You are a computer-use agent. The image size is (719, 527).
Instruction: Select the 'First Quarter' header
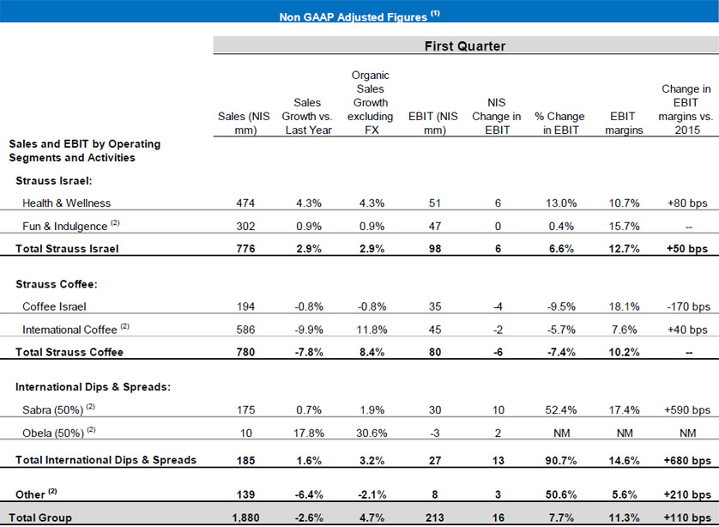click(x=465, y=45)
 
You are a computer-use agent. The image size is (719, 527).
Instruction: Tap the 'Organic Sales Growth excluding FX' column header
click(x=371, y=103)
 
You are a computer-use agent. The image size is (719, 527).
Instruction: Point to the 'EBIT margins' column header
click(x=624, y=123)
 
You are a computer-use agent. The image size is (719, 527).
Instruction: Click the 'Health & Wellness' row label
click(x=66, y=203)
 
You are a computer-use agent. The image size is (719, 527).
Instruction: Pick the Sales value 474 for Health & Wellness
click(x=245, y=203)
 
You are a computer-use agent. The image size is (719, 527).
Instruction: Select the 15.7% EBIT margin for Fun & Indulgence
click(x=624, y=226)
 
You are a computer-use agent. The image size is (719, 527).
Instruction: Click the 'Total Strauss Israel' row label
click(x=67, y=249)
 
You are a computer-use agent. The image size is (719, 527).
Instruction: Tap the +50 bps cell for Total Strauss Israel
click(x=687, y=249)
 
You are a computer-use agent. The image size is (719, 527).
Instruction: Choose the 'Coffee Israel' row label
click(x=54, y=306)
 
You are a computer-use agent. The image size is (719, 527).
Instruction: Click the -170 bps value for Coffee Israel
click(x=688, y=306)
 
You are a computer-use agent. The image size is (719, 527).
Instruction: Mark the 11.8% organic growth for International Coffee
click(x=372, y=330)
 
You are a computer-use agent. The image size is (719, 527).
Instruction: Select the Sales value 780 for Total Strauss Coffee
click(x=245, y=352)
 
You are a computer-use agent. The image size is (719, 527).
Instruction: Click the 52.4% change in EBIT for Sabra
click(x=561, y=409)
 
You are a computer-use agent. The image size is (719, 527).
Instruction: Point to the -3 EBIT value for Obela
click(x=435, y=433)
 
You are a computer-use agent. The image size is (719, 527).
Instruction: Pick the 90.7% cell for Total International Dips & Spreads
click(x=561, y=460)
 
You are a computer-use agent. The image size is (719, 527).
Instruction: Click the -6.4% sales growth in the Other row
click(x=309, y=494)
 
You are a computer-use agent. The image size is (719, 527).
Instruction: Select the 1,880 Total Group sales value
click(x=245, y=518)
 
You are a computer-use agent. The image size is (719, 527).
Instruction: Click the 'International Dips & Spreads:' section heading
click(x=93, y=386)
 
